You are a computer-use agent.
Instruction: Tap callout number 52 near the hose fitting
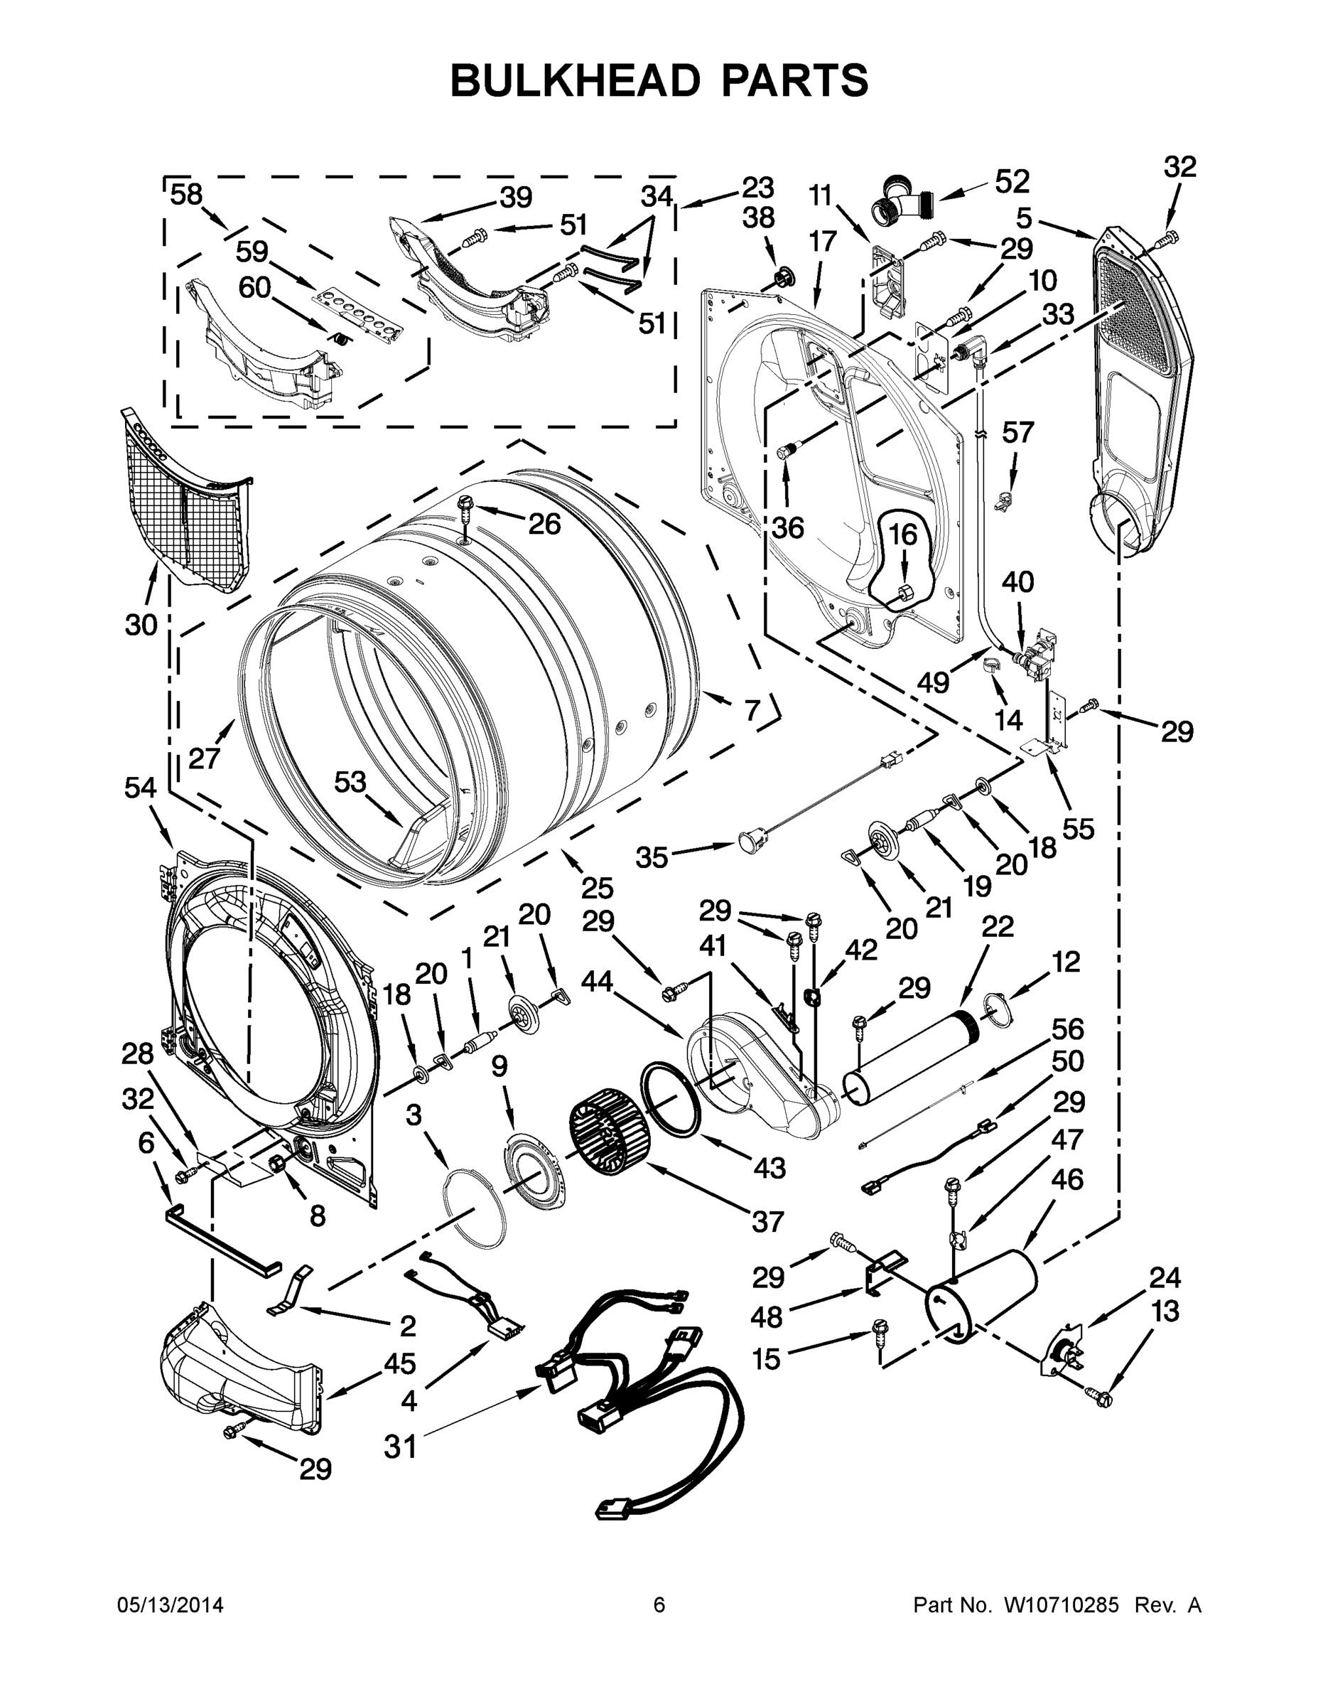(1012, 181)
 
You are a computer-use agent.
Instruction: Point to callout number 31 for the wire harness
(401, 1447)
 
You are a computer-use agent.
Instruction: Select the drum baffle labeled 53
(426, 839)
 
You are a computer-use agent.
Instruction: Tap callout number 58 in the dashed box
(186, 194)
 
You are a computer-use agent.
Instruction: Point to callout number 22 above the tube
(997, 926)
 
